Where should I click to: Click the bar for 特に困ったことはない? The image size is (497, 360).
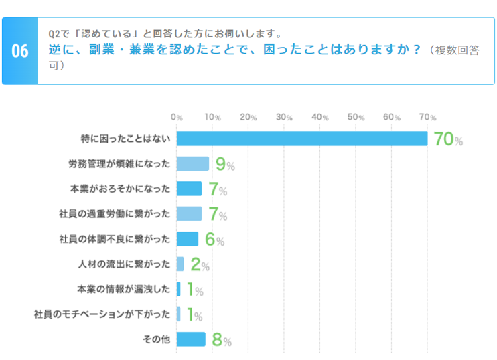(301, 139)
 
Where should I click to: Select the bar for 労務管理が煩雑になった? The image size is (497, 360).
(193, 163)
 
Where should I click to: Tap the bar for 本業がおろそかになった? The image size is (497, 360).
(189, 189)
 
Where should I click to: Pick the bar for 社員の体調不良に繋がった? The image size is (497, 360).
(188, 239)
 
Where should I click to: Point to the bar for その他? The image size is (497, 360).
(191, 339)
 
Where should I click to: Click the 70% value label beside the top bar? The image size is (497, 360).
(448, 139)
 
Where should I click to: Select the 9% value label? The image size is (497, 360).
(224, 165)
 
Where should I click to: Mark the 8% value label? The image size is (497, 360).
(221, 340)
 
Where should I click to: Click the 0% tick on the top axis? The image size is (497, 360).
(177, 117)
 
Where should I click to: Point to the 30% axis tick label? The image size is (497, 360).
(284, 117)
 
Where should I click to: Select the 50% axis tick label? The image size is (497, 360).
(356, 117)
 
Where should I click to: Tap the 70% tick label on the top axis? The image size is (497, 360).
(427, 117)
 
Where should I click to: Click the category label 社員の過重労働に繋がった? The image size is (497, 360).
(115, 213)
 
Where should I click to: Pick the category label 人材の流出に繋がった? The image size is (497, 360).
(124, 264)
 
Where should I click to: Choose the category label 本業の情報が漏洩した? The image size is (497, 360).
(124, 289)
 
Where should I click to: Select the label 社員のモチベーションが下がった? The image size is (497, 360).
(102, 314)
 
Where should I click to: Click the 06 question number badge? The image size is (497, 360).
(20, 52)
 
